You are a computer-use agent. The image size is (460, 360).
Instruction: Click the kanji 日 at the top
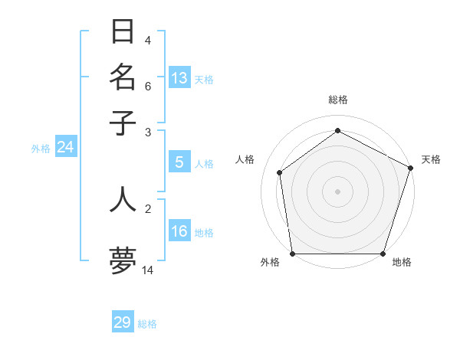tap(123, 32)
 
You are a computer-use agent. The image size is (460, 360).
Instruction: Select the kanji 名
tap(123, 77)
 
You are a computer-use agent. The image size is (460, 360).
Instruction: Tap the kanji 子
tap(123, 123)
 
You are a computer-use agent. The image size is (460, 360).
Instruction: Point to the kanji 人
tap(123, 198)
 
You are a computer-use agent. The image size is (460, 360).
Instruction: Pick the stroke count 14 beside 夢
tap(148, 270)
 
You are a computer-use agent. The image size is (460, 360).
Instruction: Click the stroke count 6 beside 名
tap(148, 87)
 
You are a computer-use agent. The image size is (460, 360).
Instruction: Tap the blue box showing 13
tap(179, 77)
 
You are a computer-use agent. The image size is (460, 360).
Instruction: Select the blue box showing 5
tap(179, 162)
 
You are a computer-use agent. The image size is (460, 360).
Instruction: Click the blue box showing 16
tap(179, 231)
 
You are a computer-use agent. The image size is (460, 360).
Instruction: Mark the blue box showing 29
tap(123, 322)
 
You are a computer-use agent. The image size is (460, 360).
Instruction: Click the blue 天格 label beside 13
tap(204, 80)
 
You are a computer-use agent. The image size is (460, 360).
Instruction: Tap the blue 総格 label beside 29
tap(147, 325)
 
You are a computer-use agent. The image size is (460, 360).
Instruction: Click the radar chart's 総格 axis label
tap(338, 100)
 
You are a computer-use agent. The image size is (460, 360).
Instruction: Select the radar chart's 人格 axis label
tap(245, 159)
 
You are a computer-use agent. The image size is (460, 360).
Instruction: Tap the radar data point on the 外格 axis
tap(293, 254)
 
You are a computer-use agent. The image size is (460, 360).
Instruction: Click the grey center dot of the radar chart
tap(338, 191)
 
